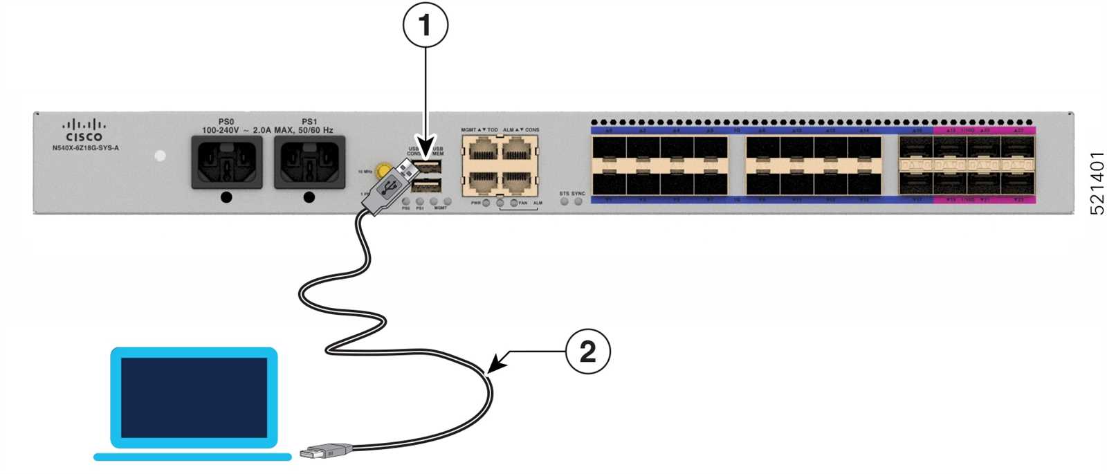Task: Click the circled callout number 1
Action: (425, 26)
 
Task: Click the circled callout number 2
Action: (587, 352)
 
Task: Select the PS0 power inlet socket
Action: (227, 162)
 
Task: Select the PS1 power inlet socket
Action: (309, 162)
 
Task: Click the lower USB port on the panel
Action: (428, 185)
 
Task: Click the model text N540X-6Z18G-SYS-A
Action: (85, 148)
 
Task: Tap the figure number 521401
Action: (1097, 183)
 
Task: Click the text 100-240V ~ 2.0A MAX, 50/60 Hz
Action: (267, 130)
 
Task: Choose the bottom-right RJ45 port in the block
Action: (518, 182)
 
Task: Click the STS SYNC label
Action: (571, 194)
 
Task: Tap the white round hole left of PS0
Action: (161, 156)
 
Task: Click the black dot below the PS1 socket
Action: (309, 198)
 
